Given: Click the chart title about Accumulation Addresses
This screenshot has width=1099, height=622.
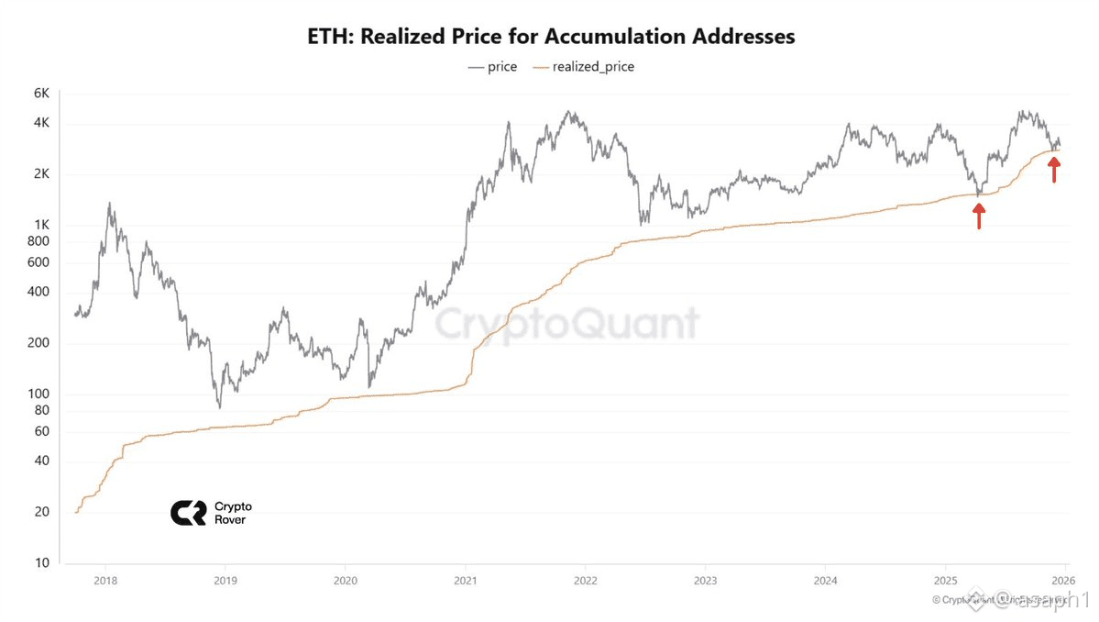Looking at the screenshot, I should click(x=550, y=37).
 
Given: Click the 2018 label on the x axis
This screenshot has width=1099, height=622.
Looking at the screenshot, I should click(x=105, y=580).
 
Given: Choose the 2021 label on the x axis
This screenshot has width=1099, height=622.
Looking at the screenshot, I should click(x=465, y=580).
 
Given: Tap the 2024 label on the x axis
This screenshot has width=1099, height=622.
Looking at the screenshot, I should click(x=824, y=580).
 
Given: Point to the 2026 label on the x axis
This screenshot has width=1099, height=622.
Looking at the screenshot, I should click(x=1063, y=580).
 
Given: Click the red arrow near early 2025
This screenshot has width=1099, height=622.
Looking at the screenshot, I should click(x=979, y=216).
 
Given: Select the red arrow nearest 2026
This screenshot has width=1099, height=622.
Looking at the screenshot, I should click(x=1054, y=170).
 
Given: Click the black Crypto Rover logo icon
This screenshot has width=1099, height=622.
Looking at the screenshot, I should click(x=188, y=513).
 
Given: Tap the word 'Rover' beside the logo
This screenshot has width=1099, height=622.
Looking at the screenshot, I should click(x=229, y=520).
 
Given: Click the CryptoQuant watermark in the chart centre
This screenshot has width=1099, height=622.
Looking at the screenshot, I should click(x=566, y=323).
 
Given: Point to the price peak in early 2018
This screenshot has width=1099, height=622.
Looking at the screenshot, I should click(x=110, y=204).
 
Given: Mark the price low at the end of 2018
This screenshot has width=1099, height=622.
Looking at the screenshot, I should click(x=219, y=407).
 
